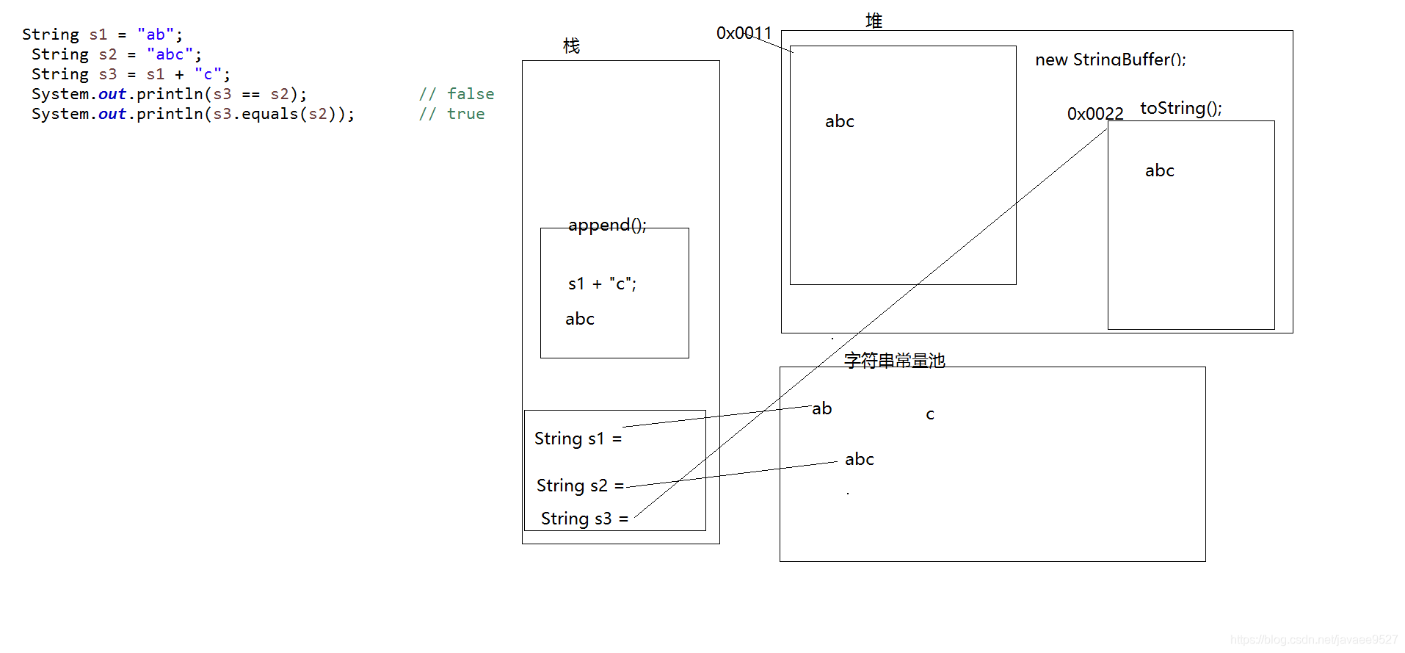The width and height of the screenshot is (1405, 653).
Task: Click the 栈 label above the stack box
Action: (x=571, y=46)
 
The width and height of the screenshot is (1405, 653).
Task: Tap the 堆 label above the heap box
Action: (x=874, y=21)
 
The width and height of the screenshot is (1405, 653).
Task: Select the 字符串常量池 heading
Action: (x=894, y=360)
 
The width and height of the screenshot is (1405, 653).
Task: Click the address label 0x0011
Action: (x=744, y=33)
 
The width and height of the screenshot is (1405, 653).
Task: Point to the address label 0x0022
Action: (x=1094, y=114)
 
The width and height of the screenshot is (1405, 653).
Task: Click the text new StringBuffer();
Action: (x=1110, y=59)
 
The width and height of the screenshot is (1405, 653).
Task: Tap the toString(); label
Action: (x=1180, y=108)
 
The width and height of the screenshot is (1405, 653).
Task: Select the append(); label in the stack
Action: (x=607, y=225)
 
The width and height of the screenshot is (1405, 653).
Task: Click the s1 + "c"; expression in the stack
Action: (x=602, y=284)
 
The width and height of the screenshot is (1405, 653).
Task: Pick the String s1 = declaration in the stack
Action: (x=578, y=439)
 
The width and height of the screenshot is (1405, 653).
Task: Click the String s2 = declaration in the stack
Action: (x=580, y=486)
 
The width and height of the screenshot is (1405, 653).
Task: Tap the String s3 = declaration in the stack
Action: (x=584, y=519)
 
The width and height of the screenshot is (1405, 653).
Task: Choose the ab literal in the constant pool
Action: (x=821, y=408)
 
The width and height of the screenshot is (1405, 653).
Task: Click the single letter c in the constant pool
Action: (x=930, y=414)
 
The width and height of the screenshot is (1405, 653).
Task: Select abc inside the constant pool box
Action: (x=859, y=459)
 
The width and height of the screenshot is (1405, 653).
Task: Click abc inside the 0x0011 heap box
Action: (x=839, y=121)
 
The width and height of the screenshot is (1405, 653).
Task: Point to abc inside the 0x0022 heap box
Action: (x=1159, y=170)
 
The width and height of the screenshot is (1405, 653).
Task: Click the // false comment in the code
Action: (x=456, y=94)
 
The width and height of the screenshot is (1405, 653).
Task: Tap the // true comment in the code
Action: (x=451, y=114)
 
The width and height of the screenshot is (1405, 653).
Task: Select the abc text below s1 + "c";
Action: (x=579, y=319)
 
